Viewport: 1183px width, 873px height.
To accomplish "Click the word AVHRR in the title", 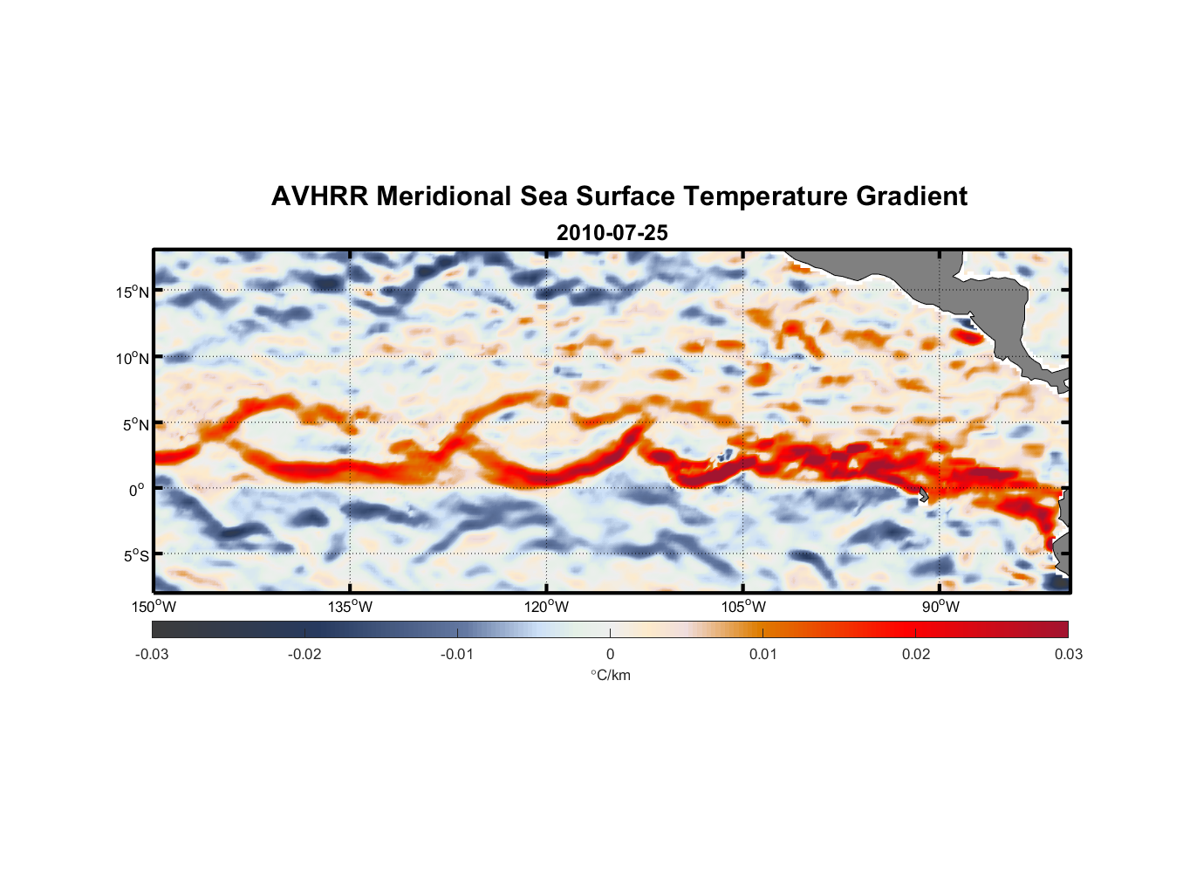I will tap(319, 196).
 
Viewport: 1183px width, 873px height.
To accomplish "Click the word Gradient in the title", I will tap(912, 196).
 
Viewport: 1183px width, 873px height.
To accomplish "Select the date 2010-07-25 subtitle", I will tap(612, 233).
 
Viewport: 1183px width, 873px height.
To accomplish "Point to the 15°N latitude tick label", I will tap(133, 292).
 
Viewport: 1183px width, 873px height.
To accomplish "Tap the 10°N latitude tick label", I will tap(133, 358).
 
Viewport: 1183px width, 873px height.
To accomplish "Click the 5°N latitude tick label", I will tap(136, 424).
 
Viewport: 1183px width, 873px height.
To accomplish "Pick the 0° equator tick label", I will tap(137, 490).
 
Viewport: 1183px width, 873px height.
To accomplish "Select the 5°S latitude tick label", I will tap(136, 555).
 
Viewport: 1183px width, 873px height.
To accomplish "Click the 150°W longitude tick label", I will tap(154, 607).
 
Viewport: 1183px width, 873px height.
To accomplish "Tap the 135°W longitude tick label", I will tap(351, 607).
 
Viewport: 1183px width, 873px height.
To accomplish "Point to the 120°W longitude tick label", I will tap(547, 607).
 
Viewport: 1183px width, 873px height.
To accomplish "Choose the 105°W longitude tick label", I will tap(743, 607).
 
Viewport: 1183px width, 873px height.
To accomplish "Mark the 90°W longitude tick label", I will tap(940, 607).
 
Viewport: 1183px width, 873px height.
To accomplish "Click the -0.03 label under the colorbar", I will tap(152, 654).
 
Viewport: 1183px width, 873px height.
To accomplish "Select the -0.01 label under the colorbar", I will tap(457, 654).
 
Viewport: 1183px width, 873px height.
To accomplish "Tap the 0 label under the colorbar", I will tap(610, 654).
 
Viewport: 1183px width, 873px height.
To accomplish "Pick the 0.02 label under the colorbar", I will tap(916, 654).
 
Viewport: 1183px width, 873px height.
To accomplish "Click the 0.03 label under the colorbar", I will tap(1068, 654).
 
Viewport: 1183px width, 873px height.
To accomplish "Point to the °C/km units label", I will tap(610, 675).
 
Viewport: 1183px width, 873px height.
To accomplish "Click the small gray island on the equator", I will tap(923, 494).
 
